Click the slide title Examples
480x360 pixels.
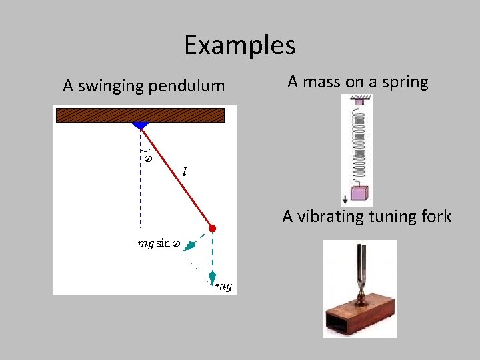click(239, 45)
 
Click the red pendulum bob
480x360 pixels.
click(212, 229)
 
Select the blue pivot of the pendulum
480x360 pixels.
click(140, 125)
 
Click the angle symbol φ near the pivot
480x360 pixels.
click(148, 159)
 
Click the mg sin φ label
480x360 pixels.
click(158, 244)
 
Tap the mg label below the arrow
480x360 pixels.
click(223, 287)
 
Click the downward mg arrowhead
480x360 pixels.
click(212, 276)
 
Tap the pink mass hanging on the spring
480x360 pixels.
click(359, 193)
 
